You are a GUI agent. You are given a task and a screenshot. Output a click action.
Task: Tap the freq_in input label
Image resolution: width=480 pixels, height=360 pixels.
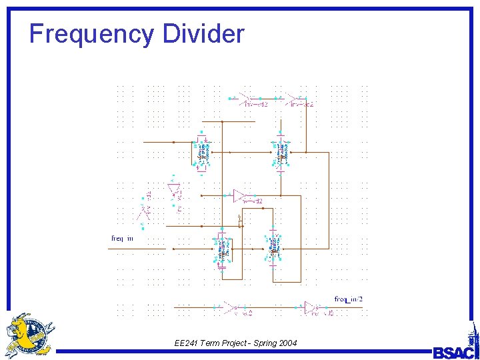coord(122,238)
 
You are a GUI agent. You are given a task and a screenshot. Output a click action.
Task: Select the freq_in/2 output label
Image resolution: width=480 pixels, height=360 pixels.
coord(349,299)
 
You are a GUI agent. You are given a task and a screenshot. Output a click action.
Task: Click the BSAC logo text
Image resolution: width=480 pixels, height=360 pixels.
coord(453,351)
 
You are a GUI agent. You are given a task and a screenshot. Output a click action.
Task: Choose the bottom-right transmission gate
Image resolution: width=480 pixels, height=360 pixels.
coord(273,249)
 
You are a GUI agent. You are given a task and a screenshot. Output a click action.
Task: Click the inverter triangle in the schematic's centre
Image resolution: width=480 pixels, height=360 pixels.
coord(240,195)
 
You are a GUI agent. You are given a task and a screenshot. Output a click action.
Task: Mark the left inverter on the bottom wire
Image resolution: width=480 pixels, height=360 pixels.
coord(230,307)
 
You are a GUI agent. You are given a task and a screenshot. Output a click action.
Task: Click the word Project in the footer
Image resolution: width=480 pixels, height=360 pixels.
coord(225,343)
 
